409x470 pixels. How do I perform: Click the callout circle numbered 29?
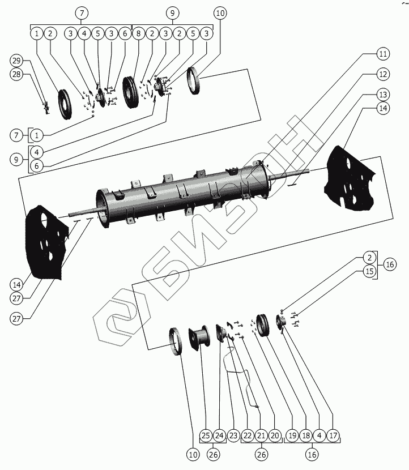pyautogui.click(x=16, y=61)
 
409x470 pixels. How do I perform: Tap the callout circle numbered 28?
pyautogui.click(x=16, y=75)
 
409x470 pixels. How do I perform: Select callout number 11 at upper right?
pyautogui.click(x=384, y=55)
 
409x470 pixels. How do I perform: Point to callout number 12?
pyautogui.click(x=384, y=74)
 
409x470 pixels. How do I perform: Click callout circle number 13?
pyautogui.click(x=384, y=95)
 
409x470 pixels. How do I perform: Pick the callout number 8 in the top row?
pyautogui.click(x=138, y=33)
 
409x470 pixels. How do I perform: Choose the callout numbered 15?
pyautogui.click(x=369, y=272)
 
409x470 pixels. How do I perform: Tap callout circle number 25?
pyautogui.click(x=206, y=435)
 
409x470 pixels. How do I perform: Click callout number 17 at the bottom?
pyautogui.click(x=334, y=435)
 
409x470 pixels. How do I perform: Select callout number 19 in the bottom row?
pyautogui.click(x=292, y=435)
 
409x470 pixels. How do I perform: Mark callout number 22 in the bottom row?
pyautogui.click(x=248, y=435)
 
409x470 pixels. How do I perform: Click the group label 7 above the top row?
pyautogui.click(x=82, y=12)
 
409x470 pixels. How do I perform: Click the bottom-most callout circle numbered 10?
pyautogui.click(x=194, y=454)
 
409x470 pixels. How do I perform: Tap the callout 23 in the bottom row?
pyautogui.click(x=233, y=435)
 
